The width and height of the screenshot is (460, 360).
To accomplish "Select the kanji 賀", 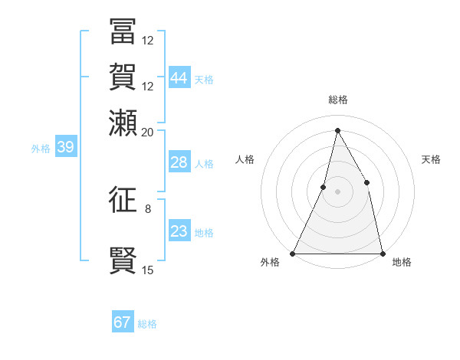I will pyautogui.click(x=123, y=77).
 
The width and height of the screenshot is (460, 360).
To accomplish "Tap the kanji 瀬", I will pyautogui.click(x=123, y=123).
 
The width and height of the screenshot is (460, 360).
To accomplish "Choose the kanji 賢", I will pyautogui.click(x=123, y=260).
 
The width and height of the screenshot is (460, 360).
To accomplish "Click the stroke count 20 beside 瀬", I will pyautogui.click(x=148, y=132).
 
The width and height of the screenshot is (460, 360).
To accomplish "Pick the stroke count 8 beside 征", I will pyautogui.click(x=148, y=208).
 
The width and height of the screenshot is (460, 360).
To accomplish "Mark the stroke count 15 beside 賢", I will pyautogui.click(x=148, y=270).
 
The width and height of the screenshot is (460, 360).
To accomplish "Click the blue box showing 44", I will pyautogui.click(x=179, y=78).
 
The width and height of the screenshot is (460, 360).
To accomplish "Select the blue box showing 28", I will pyautogui.click(x=179, y=162).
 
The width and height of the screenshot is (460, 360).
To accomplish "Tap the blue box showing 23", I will pyautogui.click(x=179, y=231).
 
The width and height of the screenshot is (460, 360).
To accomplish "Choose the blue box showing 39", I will pyautogui.click(x=65, y=148).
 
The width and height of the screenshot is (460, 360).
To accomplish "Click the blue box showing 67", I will pyautogui.click(x=123, y=322).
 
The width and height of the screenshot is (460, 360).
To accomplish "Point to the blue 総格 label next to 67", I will pyautogui.click(x=147, y=324).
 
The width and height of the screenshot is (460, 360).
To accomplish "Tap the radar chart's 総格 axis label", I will pyautogui.click(x=337, y=100).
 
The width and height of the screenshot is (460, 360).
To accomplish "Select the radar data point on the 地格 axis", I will pyautogui.click(x=382, y=253).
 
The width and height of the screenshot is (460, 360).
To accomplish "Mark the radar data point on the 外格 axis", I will pyautogui.click(x=293, y=253).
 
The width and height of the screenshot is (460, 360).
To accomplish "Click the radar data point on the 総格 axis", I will pyautogui.click(x=337, y=130).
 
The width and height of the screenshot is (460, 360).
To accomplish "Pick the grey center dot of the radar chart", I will pyautogui.click(x=337, y=191).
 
